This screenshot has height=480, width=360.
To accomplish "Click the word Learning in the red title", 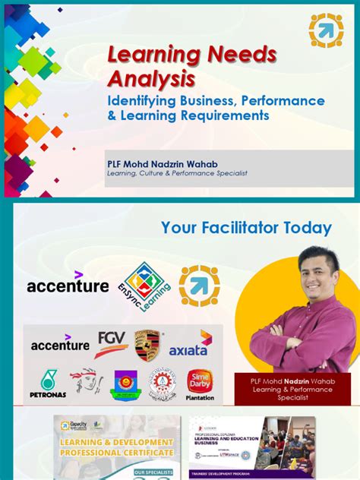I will pyautogui.click(x=146, y=55).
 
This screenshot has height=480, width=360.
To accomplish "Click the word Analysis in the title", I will pyautogui.click(x=150, y=78).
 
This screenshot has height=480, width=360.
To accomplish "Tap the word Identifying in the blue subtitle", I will pyautogui.click(x=143, y=101).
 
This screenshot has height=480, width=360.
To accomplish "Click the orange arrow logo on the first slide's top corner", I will pyautogui.click(x=326, y=30).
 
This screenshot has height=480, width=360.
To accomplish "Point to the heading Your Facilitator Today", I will pyautogui.click(x=246, y=228).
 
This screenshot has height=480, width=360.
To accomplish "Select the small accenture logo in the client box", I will pyautogui.click(x=60, y=343).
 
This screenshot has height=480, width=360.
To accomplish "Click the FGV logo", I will pyautogui.click(x=111, y=343).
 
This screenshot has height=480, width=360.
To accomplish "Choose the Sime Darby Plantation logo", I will pyautogui.click(x=199, y=384).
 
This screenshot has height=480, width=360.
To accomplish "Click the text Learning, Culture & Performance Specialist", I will pyautogui.click(x=177, y=173).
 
